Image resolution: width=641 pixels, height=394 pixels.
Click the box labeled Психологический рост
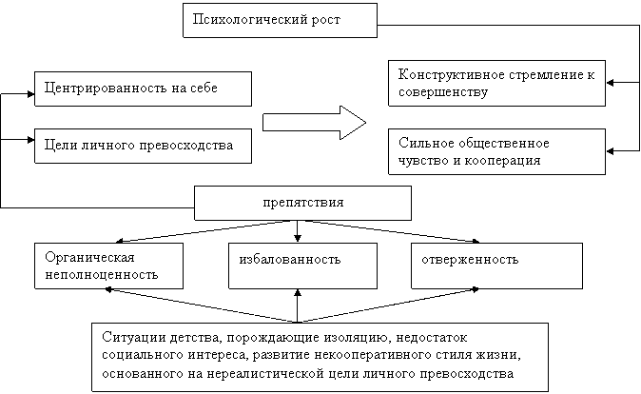pyautogui.click(x=280, y=20)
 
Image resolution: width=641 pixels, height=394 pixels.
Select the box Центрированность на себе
pyautogui.click(x=143, y=89)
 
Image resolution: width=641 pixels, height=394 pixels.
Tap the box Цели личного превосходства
pyautogui.click(x=143, y=146)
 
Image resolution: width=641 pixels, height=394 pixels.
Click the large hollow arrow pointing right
pyautogui.click(x=314, y=123)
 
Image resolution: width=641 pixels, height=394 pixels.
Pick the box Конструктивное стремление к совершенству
pyautogui.click(x=496, y=83)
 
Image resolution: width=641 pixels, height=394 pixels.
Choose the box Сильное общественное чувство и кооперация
pyautogui.click(x=496, y=151)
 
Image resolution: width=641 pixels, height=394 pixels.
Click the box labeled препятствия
pyautogui.click(x=302, y=204)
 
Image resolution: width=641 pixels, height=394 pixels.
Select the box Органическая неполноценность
pyautogui.click(x=108, y=266)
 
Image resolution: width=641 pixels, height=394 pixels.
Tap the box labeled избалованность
pyautogui.click(x=302, y=266)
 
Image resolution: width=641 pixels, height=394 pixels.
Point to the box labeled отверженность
pyautogui.click(x=496, y=266)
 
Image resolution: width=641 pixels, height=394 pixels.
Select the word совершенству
pyautogui.click(x=443, y=92)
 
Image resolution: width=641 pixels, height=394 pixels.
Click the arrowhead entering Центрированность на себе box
pyautogui.click(x=31, y=94)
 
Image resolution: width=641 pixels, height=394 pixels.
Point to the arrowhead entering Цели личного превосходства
pyautogui.click(x=31, y=140)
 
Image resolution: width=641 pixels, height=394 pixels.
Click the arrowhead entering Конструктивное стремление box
pyautogui.click(x=610, y=83)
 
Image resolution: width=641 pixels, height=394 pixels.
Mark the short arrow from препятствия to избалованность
pyautogui.click(x=297, y=231)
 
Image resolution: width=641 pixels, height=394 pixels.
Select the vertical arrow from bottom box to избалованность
pyautogui.click(x=297, y=306)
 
